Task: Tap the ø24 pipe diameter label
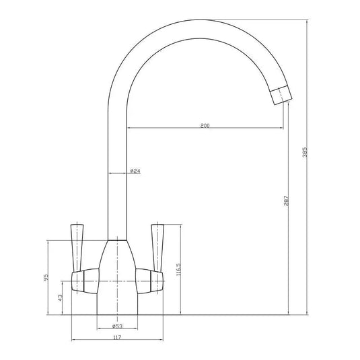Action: point(135,172)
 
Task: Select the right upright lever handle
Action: point(159,242)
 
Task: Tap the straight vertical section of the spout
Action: point(118,168)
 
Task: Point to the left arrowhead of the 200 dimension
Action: point(130,129)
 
